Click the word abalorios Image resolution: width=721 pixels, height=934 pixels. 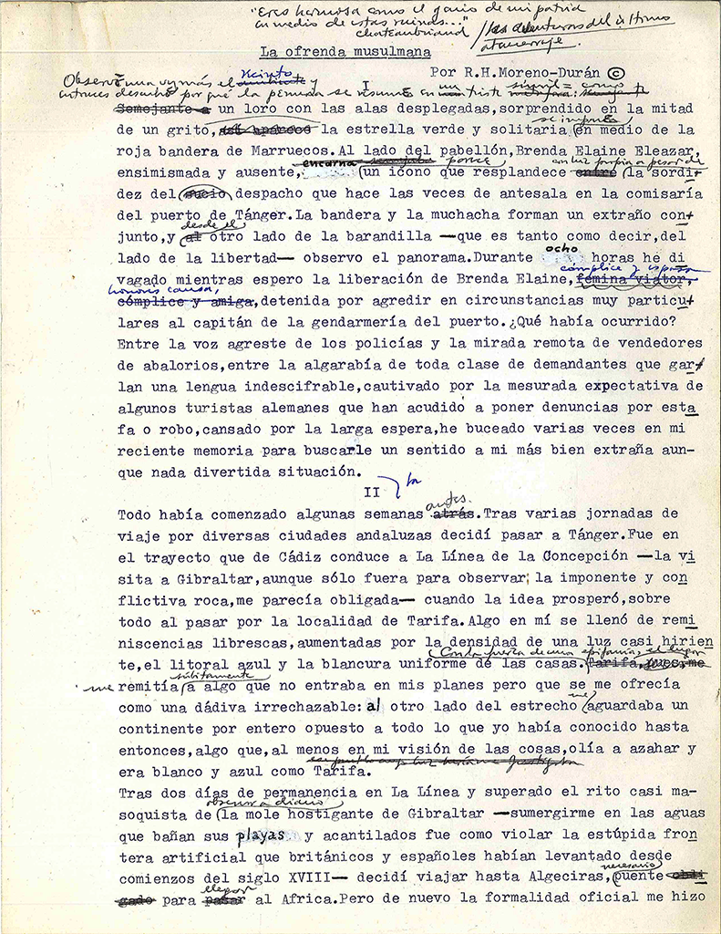pyautogui.click(x=160, y=365)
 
